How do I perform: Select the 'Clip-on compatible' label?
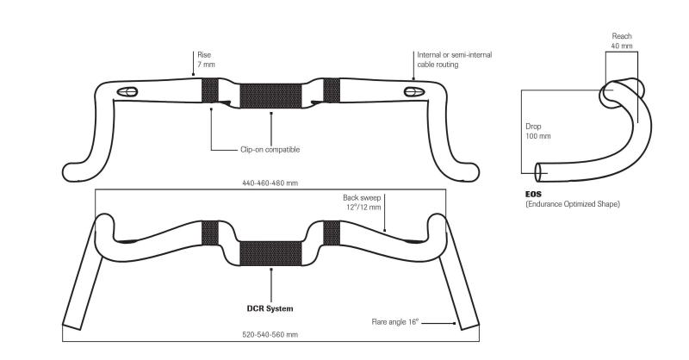coord(270,149)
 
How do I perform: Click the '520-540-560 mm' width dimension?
coord(270,334)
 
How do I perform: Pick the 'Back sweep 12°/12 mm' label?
coord(363,202)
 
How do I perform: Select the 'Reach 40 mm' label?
coord(622,40)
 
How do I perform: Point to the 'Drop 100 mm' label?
coord(538,131)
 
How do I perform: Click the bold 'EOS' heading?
coord(532,196)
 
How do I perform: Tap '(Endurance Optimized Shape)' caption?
coord(572,204)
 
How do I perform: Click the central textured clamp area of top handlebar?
coord(270,96)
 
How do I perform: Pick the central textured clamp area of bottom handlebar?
coord(270,253)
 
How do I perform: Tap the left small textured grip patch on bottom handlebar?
coord(210,233)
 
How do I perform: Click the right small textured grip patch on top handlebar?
coord(332,90)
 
